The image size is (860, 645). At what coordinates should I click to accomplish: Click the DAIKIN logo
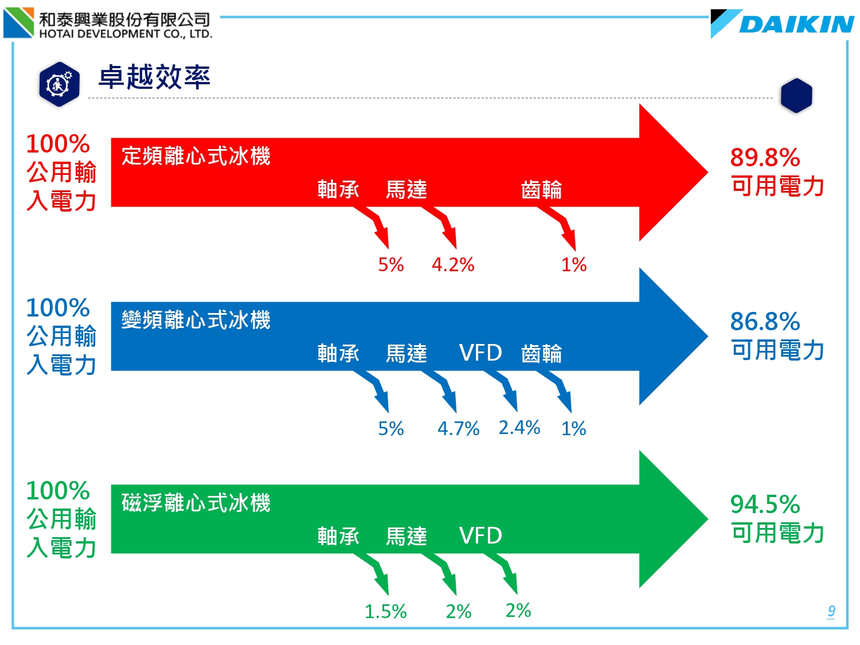(781, 24)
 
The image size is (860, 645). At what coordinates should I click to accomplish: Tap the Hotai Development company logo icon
(18, 22)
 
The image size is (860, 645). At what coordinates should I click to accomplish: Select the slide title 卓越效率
(154, 77)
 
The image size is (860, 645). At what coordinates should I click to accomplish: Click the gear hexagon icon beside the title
(59, 84)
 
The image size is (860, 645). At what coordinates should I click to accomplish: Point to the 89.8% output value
(765, 158)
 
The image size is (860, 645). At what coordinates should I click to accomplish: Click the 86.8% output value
(765, 322)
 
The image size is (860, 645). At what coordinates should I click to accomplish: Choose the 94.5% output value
(765, 504)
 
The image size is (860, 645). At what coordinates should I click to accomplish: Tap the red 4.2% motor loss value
(453, 265)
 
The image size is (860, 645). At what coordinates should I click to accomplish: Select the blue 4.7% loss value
(459, 428)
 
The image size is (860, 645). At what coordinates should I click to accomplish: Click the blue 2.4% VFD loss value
(519, 427)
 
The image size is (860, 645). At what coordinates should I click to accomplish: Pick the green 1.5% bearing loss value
(385, 611)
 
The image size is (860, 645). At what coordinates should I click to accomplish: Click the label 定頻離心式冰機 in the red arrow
(196, 156)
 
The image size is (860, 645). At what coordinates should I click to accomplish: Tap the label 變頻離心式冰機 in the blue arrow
(196, 320)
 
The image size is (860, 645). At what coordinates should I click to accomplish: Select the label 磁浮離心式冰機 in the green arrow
(196, 502)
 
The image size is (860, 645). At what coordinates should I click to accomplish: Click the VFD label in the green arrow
(480, 535)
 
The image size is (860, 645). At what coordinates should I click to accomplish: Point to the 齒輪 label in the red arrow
(541, 190)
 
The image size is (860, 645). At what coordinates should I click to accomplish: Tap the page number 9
(831, 611)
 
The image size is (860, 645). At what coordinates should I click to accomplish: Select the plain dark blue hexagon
(796, 96)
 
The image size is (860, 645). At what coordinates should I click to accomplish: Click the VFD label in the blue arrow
(480, 353)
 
